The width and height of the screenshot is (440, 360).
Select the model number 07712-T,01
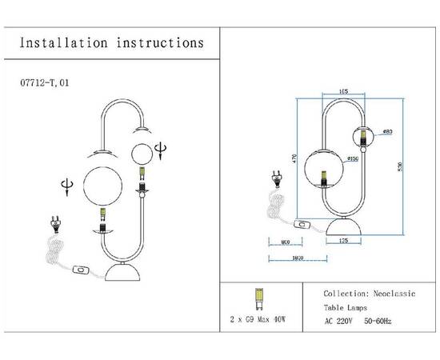point(48,82)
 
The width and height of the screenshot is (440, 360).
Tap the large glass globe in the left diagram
point(102,184)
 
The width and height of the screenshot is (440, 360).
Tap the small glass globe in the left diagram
point(142,153)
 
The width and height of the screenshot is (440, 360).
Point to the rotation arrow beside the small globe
point(163,149)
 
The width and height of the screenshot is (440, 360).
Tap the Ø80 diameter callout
point(386,130)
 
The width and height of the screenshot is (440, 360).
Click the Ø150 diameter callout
point(330,159)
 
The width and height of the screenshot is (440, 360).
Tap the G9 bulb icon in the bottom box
point(258,298)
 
